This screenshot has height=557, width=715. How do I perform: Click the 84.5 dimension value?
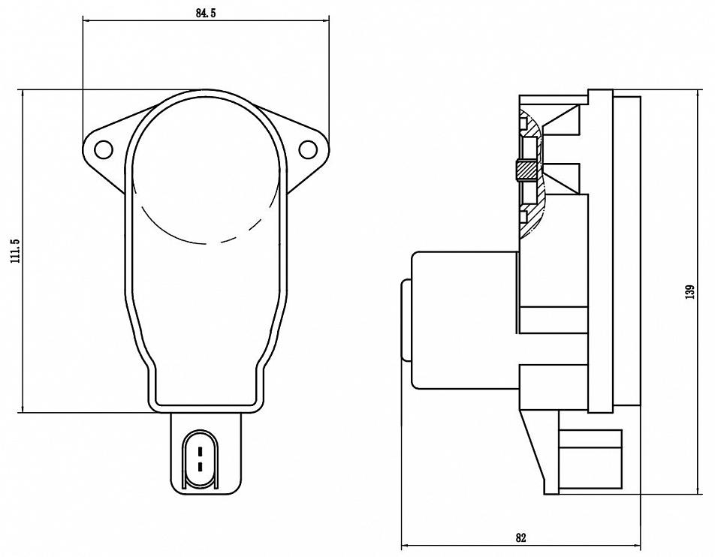coord(206,14)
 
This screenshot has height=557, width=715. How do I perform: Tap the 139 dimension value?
coord(690,292)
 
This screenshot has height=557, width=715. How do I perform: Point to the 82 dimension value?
coord(520,537)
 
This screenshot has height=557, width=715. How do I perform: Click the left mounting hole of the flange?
coord(103,149)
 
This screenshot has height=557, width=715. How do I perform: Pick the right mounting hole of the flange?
coord(308,149)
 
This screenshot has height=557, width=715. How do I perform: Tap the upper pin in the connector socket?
coord(200,452)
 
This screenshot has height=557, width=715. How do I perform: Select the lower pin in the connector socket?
coord(200,467)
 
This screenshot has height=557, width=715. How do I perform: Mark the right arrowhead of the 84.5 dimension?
coord(324,20)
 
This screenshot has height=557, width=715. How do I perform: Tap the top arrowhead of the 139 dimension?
coord(697,95)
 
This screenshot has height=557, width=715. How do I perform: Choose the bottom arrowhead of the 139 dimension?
coord(697,489)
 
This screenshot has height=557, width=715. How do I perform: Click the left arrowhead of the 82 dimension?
coord(406,545)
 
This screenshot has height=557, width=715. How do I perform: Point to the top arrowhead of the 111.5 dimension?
coord(23,95)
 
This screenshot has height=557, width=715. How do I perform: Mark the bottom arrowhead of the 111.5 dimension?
coord(23,408)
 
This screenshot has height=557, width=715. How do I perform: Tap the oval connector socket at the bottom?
coord(200,459)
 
